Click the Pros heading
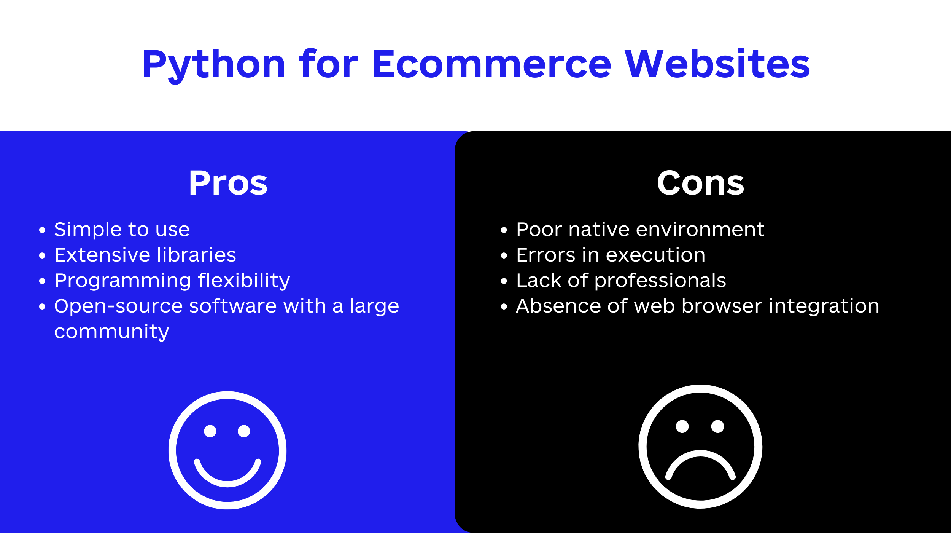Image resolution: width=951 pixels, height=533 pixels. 228,183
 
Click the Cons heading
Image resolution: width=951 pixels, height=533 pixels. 700,183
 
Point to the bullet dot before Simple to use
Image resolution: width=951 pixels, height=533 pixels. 42,230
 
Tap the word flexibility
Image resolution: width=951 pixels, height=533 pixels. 244,281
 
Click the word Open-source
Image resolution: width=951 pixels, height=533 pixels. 119,306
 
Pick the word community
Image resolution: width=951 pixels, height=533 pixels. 111,332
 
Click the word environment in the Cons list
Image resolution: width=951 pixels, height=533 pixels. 700,229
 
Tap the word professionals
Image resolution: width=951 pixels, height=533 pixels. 660,281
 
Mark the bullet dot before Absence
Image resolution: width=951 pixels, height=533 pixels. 504,306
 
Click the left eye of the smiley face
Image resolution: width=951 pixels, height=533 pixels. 210,431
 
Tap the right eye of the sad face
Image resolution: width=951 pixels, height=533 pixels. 717,426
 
